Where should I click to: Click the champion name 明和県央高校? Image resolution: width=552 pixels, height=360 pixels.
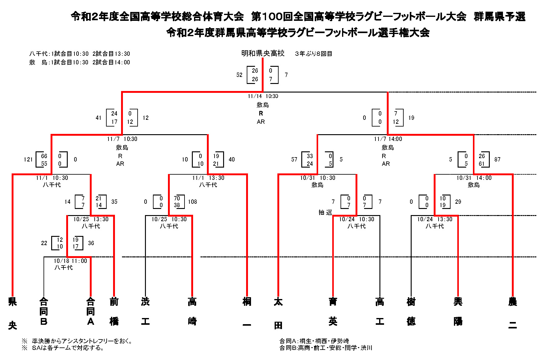[x=263, y=54]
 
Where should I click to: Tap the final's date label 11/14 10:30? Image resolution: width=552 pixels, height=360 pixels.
[x=263, y=96]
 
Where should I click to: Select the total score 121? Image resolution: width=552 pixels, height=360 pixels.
[x=28, y=159]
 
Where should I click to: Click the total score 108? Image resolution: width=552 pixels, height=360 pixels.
[x=192, y=202]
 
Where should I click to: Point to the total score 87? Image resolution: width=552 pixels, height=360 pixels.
[x=497, y=159]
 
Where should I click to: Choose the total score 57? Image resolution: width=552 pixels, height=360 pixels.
[x=294, y=159]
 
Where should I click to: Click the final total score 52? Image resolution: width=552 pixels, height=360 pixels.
[x=239, y=75]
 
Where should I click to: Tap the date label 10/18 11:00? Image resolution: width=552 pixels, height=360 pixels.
[x=70, y=261]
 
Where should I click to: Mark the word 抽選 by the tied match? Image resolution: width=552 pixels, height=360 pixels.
[x=325, y=212]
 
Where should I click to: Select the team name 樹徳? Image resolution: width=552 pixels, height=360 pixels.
[x=411, y=312]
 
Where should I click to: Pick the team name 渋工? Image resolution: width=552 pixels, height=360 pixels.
[x=145, y=312]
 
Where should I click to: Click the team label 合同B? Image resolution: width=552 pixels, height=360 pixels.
[x=44, y=312]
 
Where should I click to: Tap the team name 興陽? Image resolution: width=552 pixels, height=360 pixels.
[x=458, y=312]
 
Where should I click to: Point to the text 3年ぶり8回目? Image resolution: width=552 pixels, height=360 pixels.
[x=313, y=54]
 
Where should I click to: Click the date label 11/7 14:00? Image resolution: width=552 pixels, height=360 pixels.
[x=388, y=139]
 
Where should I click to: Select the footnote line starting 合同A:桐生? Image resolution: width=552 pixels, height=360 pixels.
[x=314, y=341]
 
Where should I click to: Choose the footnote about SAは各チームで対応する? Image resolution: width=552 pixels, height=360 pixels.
[x=68, y=348]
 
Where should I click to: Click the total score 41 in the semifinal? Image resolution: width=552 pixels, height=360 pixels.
[x=98, y=118]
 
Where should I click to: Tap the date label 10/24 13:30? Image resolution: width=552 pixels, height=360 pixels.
[x=435, y=219]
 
